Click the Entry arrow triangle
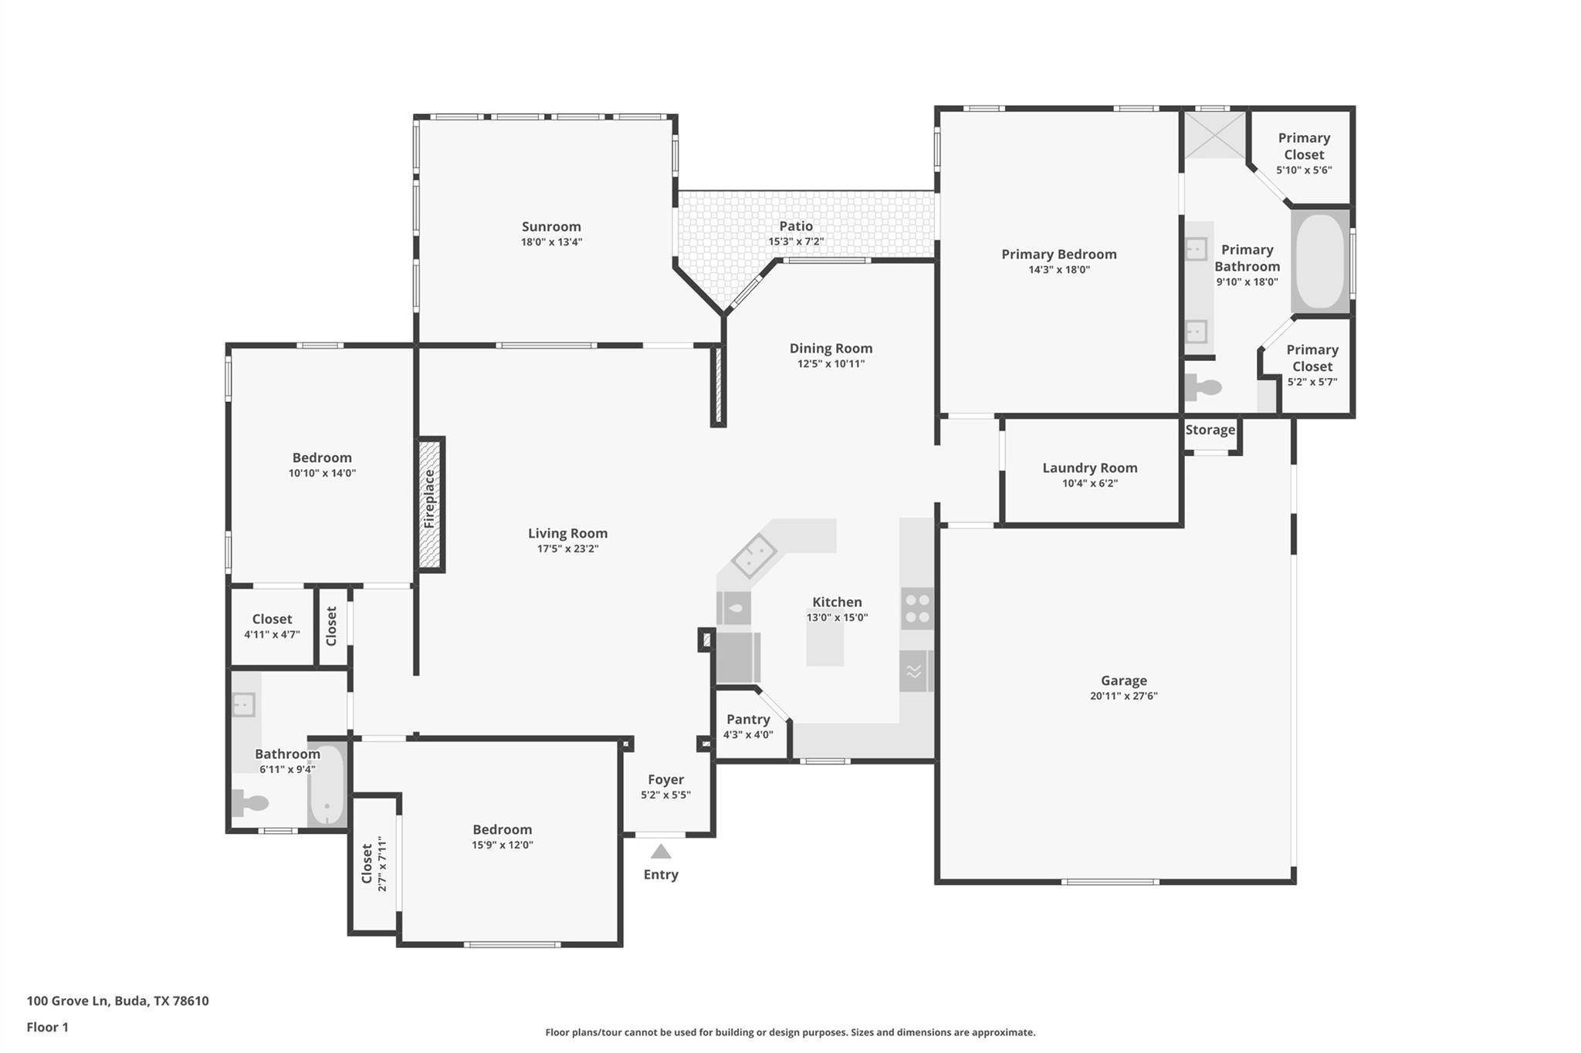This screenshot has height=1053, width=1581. pyautogui.click(x=661, y=851)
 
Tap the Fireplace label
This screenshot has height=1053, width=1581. pyautogui.click(x=430, y=499)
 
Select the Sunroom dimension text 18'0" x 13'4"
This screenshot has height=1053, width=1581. pyautogui.click(x=551, y=242)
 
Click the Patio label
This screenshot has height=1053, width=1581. pyautogui.click(x=796, y=226)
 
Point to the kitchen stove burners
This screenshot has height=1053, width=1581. pyautogui.click(x=917, y=608)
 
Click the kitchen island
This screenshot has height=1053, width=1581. pyautogui.click(x=825, y=642)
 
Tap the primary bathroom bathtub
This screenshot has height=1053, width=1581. pyautogui.click(x=1320, y=262)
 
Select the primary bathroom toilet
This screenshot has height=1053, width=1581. pyautogui.click(x=1203, y=386)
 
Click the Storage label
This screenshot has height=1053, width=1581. pyautogui.click(x=1210, y=430)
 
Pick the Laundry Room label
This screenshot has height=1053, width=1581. pyautogui.click(x=1090, y=467)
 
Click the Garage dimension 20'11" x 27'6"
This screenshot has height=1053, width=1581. pyautogui.click(x=1124, y=696)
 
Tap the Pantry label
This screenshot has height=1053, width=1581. pyautogui.click(x=748, y=720)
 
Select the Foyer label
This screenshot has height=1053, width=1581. pyautogui.click(x=665, y=779)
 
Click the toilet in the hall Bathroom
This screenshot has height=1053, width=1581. pyautogui.click(x=250, y=803)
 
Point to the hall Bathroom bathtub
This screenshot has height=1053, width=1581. pyautogui.click(x=327, y=784)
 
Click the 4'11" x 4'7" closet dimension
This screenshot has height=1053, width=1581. pyautogui.click(x=272, y=635)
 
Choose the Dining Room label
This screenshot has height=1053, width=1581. pyautogui.click(x=831, y=349)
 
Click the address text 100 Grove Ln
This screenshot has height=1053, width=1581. pyautogui.click(x=67, y=1001)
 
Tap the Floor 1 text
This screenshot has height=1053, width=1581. pyautogui.click(x=48, y=1027)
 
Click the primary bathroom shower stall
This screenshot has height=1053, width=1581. pyautogui.click(x=1215, y=135)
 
